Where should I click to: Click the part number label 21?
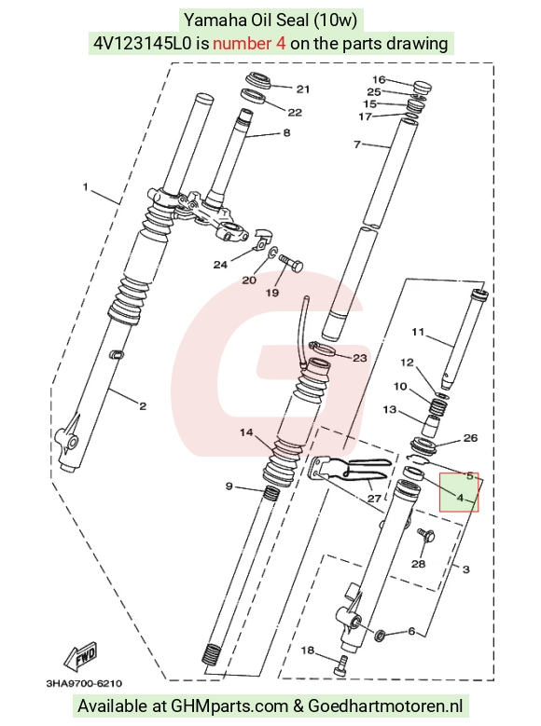point(303,89)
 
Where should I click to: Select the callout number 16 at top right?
point(380,79)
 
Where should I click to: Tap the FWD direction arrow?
point(80,657)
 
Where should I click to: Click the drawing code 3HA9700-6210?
point(84,683)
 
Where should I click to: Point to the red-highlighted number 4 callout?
point(460,498)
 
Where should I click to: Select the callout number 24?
point(220,265)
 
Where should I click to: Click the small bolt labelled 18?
point(340,665)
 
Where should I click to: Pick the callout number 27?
point(374,499)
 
